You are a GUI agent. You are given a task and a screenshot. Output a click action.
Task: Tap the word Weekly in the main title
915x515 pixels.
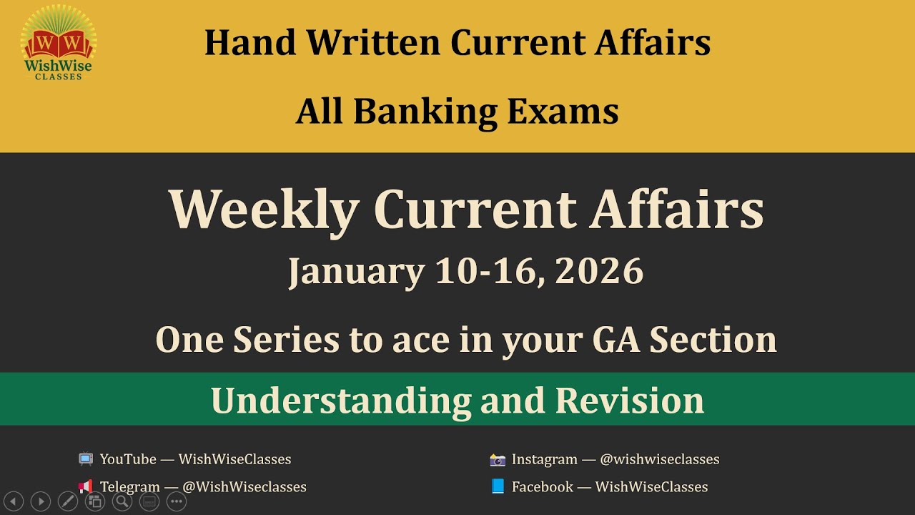pyautogui.click(x=263, y=210)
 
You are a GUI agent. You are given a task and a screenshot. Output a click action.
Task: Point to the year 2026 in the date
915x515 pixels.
pyautogui.click(x=598, y=272)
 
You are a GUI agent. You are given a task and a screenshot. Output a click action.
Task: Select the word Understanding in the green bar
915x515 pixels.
pyautogui.click(x=340, y=401)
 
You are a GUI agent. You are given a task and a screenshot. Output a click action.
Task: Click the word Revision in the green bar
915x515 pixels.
pyautogui.click(x=629, y=401)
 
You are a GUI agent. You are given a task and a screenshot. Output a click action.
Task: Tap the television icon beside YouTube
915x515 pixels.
pyautogui.click(x=86, y=459)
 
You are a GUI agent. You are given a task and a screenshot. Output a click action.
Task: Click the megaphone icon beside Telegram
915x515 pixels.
pyautogui.click(x=86, y=486)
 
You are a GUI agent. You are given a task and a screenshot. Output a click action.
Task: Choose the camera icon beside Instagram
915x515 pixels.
pyautogui.click(x=498, y=459)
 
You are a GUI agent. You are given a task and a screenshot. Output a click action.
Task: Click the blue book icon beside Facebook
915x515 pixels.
pyautogui.click(x=498, y=486)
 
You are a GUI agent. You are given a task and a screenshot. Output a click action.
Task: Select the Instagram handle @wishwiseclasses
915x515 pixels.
pyautogui.click(x=659, y=459)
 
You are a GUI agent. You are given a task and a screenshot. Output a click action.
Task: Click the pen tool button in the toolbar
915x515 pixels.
pyautogui.click(x=67, y=501)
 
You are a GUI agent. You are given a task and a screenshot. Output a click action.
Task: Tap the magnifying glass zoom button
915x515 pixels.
pyautogui.click(x=122, y=501)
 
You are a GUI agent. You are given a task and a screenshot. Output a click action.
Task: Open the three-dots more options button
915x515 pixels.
pyautogui.click(x=177, y=501)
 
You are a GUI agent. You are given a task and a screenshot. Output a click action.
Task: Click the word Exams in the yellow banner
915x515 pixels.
pyautogui.click(x=563, y=112)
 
